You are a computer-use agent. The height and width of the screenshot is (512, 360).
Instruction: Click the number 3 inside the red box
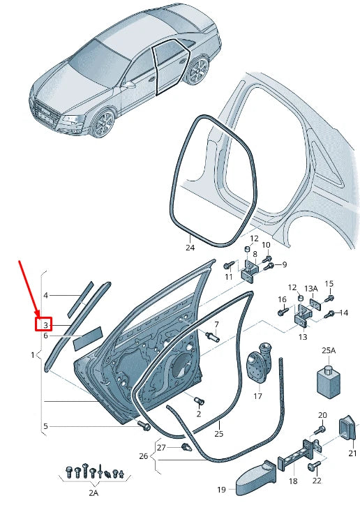coord(45,325)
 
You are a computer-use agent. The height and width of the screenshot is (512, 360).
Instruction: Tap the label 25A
coord(328,350)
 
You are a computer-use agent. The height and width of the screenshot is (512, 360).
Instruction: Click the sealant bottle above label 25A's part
coord(326,380)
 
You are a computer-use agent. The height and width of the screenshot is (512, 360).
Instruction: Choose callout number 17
coord(257,396)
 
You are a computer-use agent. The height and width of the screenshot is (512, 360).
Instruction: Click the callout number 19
coord(221,490)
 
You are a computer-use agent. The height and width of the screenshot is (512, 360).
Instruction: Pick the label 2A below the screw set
coord(93,492)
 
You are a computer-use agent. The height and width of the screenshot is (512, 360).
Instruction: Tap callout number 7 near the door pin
coord(216,324)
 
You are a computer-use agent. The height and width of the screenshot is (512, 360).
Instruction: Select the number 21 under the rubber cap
coord(352,453)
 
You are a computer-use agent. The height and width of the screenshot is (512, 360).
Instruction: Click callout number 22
coord(317,481)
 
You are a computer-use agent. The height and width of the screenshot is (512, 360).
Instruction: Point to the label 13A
coord(310,287)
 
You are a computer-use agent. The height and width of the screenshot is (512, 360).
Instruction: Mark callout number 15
coord(329,284)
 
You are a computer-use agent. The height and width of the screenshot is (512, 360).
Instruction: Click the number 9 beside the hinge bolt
coord(285,264)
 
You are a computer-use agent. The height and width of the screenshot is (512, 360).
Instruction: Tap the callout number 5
coord(45,426)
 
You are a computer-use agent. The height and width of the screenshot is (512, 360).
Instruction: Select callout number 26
coord(144,456)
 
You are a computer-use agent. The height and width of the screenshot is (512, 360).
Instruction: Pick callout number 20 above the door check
coord(322,415)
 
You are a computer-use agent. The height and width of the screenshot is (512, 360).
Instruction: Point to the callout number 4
coord(45,296)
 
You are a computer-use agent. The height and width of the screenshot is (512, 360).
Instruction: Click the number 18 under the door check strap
coord(292,481)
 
